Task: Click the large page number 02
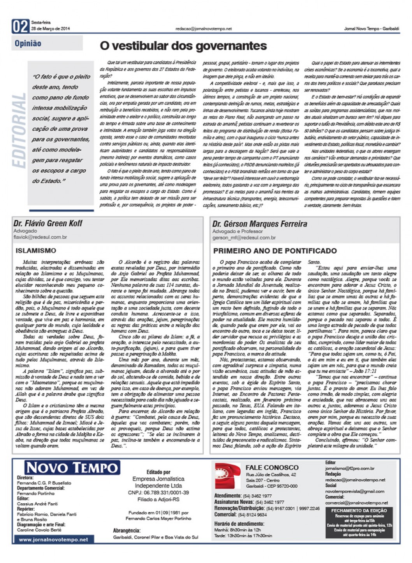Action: point(21,26)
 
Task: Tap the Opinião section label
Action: point(28,43)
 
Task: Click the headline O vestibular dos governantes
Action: point(183,46)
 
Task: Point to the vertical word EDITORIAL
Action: point(19,130)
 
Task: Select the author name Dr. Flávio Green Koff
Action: point(48,224)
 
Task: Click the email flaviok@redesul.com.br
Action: point(40,237)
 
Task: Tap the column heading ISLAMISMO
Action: point(36,250)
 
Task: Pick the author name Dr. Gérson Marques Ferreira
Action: point(260,224)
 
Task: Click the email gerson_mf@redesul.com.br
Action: point(244,237)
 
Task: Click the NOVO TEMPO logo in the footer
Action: point(72,467)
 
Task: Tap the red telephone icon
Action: point(227,476)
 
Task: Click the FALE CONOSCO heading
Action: point(272,467)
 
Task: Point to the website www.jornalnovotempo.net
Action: point(53,540)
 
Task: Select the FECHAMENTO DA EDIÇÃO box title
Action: point(359,510)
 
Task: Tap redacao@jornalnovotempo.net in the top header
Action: point(204,29)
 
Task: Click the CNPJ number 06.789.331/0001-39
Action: point(158,492)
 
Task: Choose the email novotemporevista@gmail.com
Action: point(355,491)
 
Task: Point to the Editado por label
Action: point(158,472)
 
